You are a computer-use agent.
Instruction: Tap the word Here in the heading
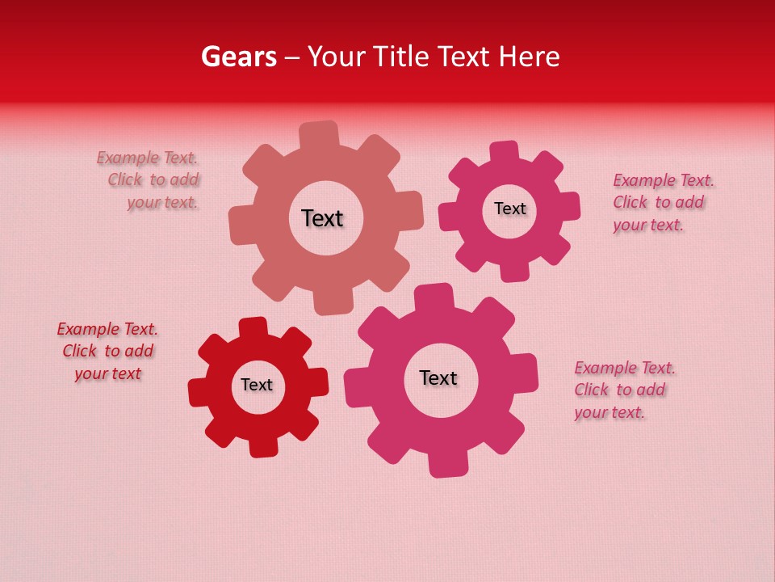tap(529, 57)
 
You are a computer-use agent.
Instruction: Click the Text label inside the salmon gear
tap(322, 218)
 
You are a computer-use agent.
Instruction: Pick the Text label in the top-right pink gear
tap(509, 209)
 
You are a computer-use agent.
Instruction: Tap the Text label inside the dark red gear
tap(257, 385)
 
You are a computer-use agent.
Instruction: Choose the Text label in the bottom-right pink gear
tap(438, 377)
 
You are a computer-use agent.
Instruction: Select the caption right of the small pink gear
tap(662, 202)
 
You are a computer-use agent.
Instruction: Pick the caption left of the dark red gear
tap(107, 351)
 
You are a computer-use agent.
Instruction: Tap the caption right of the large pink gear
tap(623, 390)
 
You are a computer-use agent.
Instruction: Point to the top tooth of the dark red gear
tap(253, 327)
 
